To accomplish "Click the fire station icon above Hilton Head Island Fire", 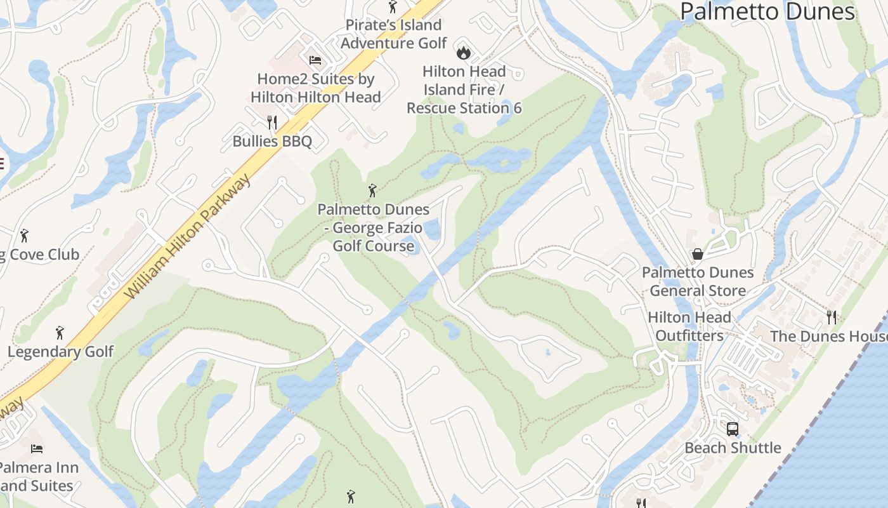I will (464, 51).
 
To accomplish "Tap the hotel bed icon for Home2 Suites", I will (315, 60).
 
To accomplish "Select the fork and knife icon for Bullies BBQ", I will (272, 122).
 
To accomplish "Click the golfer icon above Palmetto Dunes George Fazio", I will (372, 190).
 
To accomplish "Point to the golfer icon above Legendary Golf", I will (60, 332).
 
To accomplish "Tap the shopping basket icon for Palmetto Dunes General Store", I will (698, 254).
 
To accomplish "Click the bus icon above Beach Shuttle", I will (733, 429).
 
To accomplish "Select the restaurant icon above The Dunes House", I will (832, 317).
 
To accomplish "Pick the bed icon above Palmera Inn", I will (37, 449).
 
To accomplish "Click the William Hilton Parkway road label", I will (188, 236).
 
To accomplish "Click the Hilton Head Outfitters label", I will (689, 326).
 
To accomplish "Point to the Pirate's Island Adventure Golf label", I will (393, 34).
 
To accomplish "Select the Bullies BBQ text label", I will (272, 141).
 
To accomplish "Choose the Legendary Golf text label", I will (61, 351).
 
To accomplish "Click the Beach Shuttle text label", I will (733, 448).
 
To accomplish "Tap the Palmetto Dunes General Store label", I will (698, 281).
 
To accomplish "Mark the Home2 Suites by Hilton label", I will (315, 88).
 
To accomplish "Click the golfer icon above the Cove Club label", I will (24, 236).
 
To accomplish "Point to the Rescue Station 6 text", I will (464, 108).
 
